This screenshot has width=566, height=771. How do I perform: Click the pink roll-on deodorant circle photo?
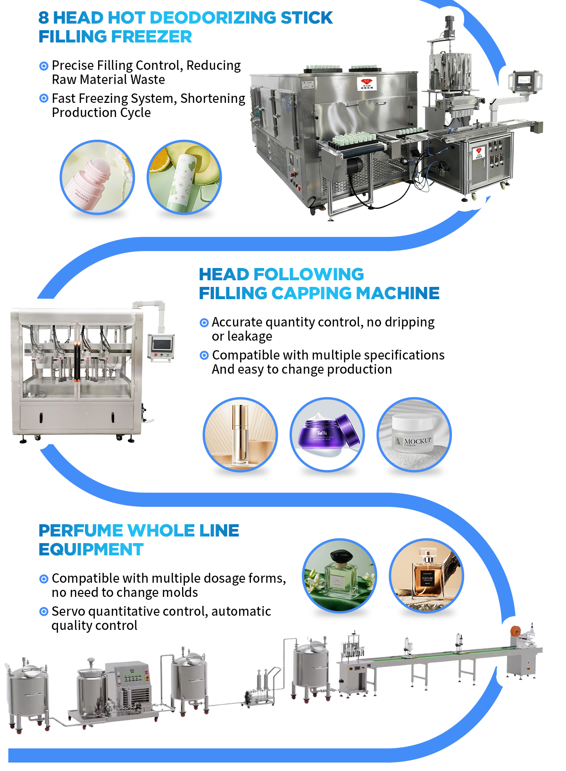click(97, 177)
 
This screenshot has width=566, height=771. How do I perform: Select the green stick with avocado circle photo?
click(184, 177)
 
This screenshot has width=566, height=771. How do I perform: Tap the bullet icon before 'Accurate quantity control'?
click(204, 323)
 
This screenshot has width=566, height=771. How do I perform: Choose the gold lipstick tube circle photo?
click(240, 435)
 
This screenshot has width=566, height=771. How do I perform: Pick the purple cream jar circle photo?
click(327, 435)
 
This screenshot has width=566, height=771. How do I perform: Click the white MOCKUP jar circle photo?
click(414, 435)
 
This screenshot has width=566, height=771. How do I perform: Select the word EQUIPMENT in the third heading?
click(91, 550)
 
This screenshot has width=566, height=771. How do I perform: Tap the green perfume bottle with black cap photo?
click(339, 576)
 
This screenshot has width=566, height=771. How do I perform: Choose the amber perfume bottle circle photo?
click(426, 576)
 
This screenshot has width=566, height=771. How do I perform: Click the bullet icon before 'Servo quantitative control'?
click(44, 612)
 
